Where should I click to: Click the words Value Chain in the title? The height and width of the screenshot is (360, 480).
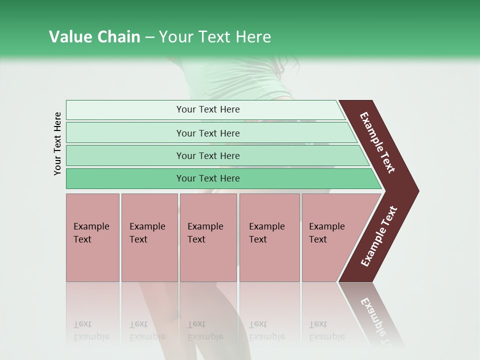coord(94,37)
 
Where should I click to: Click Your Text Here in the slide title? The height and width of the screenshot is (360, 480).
coord(215,37)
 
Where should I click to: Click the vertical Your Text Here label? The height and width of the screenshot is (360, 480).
coord(57,143)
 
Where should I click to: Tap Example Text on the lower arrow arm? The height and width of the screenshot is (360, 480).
coord(379,236)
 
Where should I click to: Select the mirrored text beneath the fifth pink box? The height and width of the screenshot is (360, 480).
coord(326,330)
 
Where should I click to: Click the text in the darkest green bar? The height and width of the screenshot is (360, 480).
coord(208,178)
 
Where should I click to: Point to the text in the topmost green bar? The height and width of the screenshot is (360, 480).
coord(208,109)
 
